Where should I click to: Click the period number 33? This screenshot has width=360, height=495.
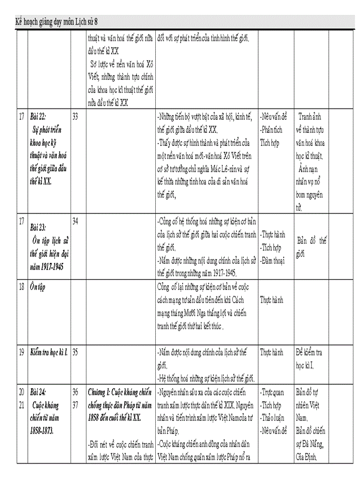(75, 117)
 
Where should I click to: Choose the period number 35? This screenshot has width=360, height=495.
(75, 352)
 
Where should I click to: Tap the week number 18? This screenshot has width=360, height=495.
(21, 287)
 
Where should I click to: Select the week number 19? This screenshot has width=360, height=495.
(21, 352)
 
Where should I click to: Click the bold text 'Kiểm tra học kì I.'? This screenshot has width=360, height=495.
(49, 353)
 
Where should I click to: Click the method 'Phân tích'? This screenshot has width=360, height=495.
(271, 130)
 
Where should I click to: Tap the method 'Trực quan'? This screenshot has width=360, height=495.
(272, 392)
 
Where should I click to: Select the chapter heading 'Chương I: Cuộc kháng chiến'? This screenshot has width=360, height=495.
(120, 392)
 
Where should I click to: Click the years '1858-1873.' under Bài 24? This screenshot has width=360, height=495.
(42, 431)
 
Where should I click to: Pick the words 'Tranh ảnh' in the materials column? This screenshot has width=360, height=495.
(310, 117)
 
